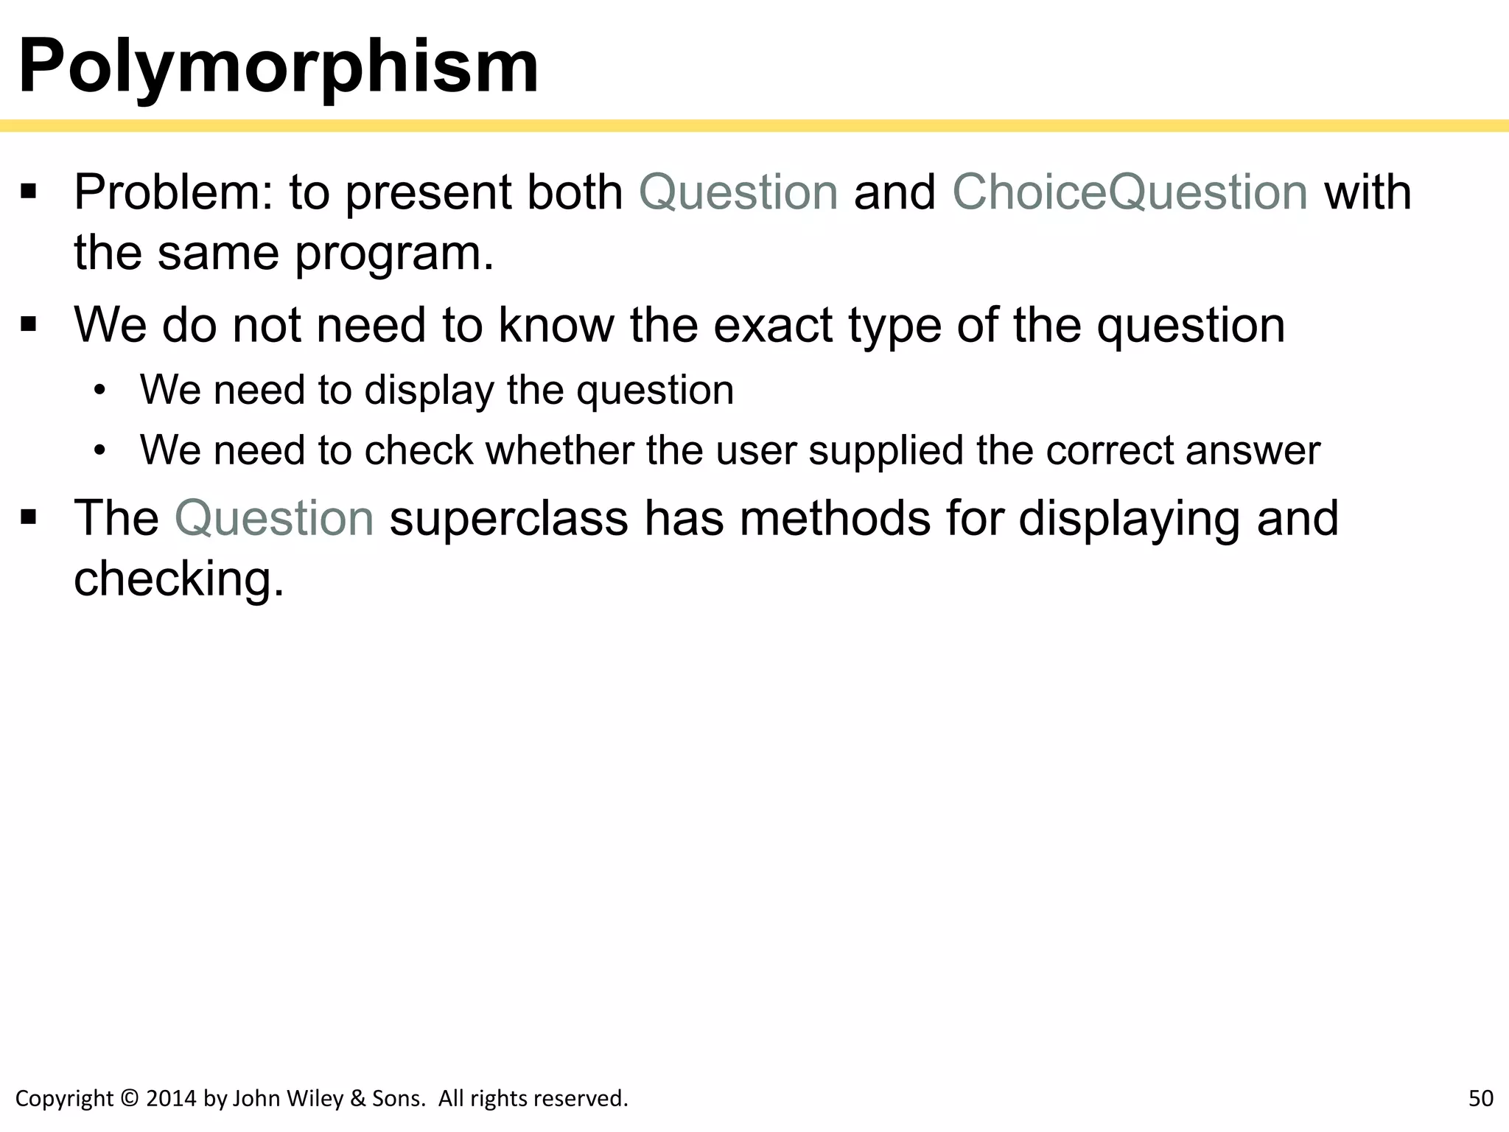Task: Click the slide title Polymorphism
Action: (x=278, y=66)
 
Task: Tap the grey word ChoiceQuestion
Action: (x=1130, y=192)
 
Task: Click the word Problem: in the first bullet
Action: (x=174, y=192)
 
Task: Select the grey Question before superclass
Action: (x=274, y=518)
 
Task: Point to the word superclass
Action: (x=508, y=518)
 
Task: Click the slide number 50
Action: (x=1480, y=1098)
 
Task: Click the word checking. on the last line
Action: (x=178, y=579)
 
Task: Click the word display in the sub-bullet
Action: (x=429, y=390)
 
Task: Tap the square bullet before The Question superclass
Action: (x=29, y=518)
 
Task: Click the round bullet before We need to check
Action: (x=100, y=450)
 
